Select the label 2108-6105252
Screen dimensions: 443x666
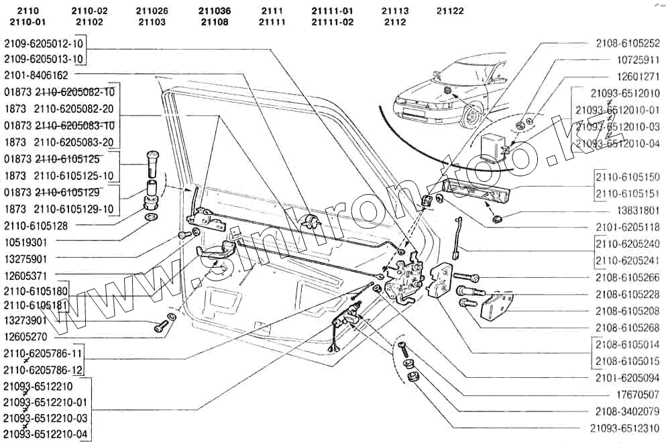[x=627, y=43]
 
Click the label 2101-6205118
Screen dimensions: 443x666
[x=627, y=227]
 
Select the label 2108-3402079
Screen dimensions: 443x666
[x=627, y=411]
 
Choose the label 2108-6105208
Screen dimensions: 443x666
[x=627, y=311]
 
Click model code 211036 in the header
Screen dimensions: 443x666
[x=215, y=11]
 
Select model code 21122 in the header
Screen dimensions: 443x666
[x=449, y=11]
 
